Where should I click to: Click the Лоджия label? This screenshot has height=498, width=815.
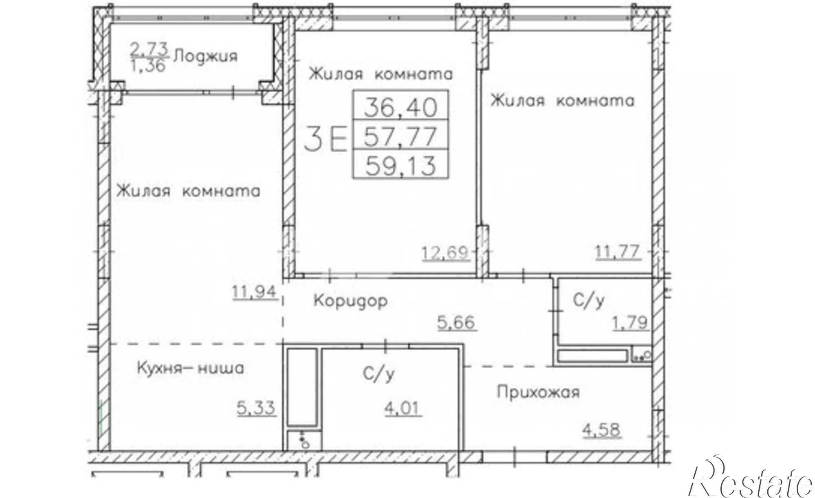coord(206,56)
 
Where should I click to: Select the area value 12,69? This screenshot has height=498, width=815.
coord(445,253)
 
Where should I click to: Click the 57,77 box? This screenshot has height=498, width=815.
coord(400,136)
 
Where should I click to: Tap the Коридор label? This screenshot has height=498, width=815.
coord(350,301)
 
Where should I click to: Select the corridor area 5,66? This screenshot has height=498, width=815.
coord(456,322)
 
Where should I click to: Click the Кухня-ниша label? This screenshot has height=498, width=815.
coord(190,369)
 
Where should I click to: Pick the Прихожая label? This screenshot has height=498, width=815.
coord(538,393)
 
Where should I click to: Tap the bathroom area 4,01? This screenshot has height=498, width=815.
coord(403,408)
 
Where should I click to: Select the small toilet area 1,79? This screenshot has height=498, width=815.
coord(630,323)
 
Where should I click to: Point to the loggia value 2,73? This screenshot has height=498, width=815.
coord(149,49)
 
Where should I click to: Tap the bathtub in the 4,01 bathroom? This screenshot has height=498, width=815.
coord(302,387)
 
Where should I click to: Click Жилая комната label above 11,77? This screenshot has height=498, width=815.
coord(562,100)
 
